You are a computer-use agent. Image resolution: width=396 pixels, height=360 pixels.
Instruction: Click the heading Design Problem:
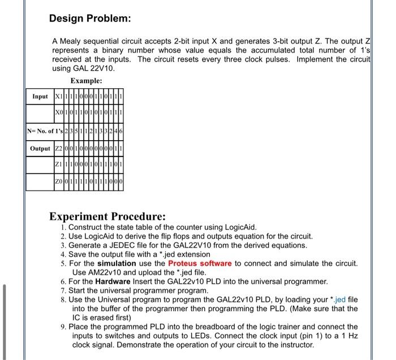(90, 18)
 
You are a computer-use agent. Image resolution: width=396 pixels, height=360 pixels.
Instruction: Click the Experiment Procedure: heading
(107, 216)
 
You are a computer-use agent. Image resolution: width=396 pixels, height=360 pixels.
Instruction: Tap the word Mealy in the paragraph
(71, 41)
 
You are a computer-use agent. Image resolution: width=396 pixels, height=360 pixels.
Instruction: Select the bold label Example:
(86, 81)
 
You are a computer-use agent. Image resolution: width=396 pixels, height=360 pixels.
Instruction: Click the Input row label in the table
(40, 97)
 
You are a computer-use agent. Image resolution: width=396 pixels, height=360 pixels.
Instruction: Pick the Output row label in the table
(40, 149)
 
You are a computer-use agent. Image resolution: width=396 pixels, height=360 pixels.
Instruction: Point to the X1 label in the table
(57, 97)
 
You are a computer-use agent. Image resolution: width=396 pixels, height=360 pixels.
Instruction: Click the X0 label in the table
(57, 113)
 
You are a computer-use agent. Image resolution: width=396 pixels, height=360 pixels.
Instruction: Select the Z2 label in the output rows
(57, 149)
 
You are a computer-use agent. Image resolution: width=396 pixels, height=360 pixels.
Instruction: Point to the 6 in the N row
(122, 132)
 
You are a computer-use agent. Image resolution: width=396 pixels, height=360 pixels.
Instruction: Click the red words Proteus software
(200, 263)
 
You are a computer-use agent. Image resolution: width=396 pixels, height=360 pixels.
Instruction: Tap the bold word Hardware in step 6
(113, 281)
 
